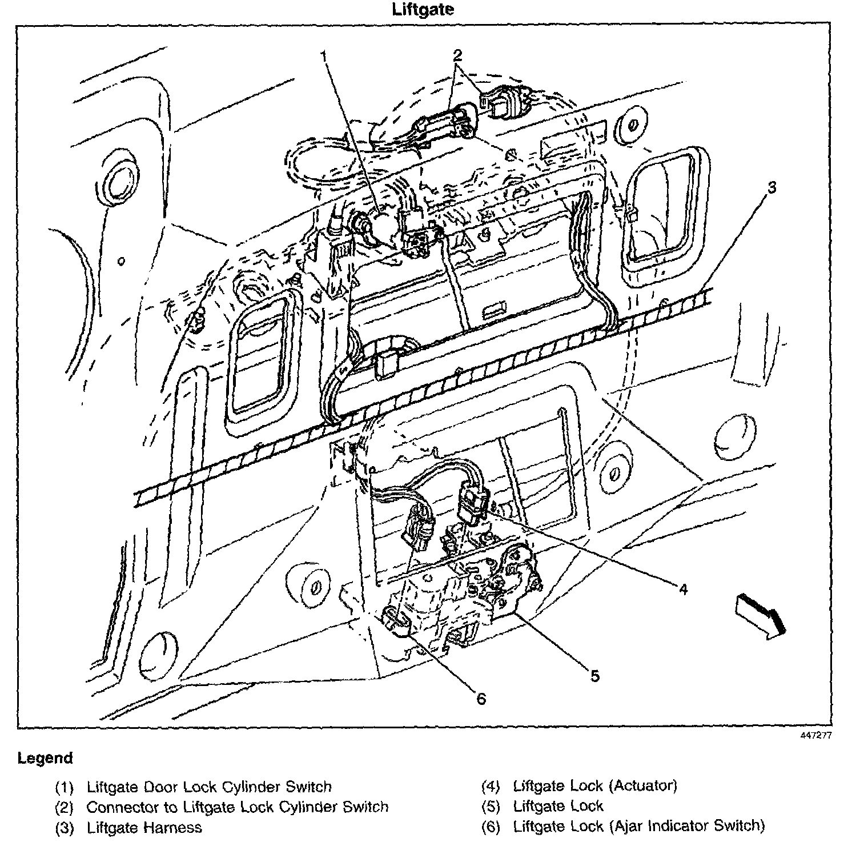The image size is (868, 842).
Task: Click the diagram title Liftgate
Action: coord(423,10)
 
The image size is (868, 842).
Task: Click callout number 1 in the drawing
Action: coord(324,57)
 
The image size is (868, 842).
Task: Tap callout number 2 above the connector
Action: coord(457,55)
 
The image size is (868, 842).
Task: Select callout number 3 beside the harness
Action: coord(771,187)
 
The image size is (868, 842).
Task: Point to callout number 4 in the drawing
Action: coord(683,588)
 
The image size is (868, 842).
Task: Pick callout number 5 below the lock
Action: coord(595,676)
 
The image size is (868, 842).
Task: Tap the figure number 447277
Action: coord(815,735)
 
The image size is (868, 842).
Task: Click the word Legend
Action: coord(46,759)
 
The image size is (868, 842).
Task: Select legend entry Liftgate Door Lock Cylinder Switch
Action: coord(209,787)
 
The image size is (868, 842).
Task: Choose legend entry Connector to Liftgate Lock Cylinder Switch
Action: coord(237,807)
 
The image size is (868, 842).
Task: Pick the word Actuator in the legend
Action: coord(642,785)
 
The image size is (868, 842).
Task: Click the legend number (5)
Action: coord(491,807)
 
